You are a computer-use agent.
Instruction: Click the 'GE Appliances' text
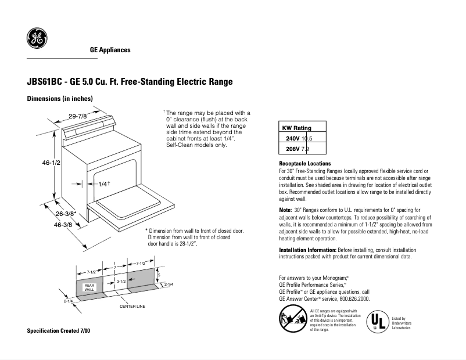(x=110, y=50)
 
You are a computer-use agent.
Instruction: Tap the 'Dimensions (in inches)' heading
(x=60, y=99)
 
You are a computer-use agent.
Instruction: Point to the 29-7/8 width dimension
(x=77, y=117)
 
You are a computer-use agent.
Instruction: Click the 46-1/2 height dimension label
(x=51, y=164)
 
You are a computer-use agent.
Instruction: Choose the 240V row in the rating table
(x=299, y=139)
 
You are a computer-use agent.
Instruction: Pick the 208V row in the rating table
(x=299, y=149)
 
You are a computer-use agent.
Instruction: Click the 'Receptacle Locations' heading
(x=304, y=164)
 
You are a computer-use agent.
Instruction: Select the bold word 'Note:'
(x=285, y=209)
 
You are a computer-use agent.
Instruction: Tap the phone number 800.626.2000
(x=351, y=299)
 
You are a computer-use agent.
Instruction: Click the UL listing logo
(x=378, y=321)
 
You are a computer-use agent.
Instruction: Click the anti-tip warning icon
(x=292, y=320)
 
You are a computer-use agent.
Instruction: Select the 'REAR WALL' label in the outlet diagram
(x=89, y=287)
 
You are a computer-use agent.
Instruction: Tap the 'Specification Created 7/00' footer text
(x=59, y=330)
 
